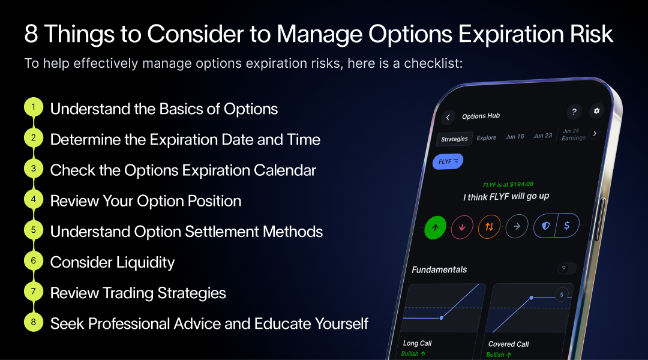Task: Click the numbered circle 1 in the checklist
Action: tap(34, 108)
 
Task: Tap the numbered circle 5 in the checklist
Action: tap(34, 230)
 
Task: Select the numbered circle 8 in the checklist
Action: tap(34, 323)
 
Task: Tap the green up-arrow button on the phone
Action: tap(436, 228)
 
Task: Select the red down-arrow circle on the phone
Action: tap(462, 227)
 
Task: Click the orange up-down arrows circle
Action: tap(489, 227)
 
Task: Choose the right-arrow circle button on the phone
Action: tap(517, 226)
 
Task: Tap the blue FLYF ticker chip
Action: tap(447, 161)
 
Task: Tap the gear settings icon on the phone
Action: tap(596, 111)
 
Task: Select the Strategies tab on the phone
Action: tap(454, 139)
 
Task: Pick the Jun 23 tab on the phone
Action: tap(543, 136)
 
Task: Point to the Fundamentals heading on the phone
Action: tap(439, 269)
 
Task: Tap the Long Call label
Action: tap(418, 343)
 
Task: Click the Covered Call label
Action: tap(508, 344)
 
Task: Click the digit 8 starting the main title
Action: tap(31, 34)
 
